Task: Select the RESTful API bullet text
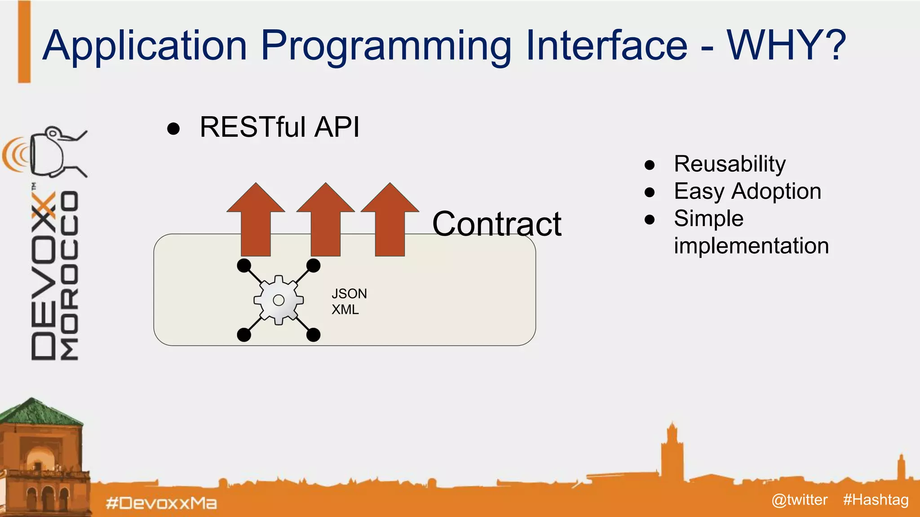click(x=279, y=127)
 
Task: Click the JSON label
click(x=349, y=294)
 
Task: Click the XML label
click(x=345, y=310)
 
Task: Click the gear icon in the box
click(x=279, y=300)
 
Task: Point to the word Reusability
click(x=730, y=164)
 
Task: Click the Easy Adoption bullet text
click(x=747, y=191)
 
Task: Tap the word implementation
click(x=751, y=246)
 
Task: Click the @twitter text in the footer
click(x=799, y=499)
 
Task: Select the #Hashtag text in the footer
click(x=876, y=499)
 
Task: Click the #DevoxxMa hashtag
click(x=161, y=503)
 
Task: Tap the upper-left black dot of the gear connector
click(x=244, y=266)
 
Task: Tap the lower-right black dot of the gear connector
click(x=313, y=334)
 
